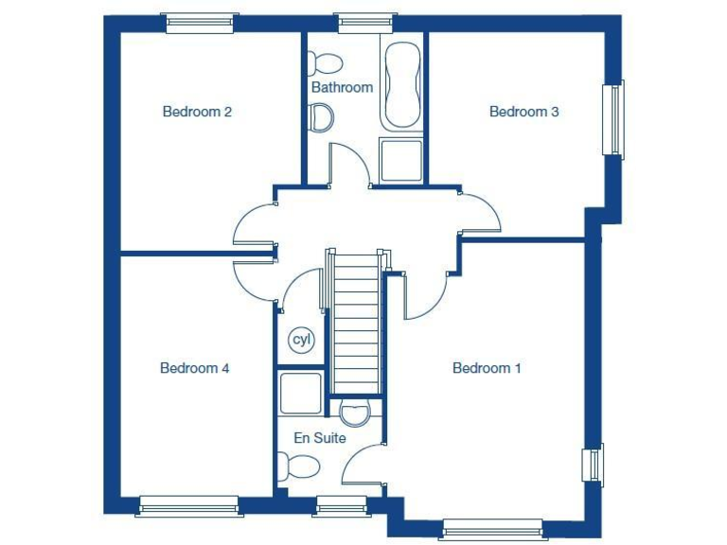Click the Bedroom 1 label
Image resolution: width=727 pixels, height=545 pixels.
[x=487, y=368]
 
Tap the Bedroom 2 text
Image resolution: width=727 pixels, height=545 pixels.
[x=197, y=112]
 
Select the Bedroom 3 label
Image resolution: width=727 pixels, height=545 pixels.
[x=523, y=112]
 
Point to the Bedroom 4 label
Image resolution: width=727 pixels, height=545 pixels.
[x=194, y=368]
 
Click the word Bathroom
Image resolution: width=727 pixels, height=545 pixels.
[x=342, y=87]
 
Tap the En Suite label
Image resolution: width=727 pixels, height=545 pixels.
[x=320, y=438]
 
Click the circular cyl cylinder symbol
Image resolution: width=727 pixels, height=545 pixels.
[x=301, y=340]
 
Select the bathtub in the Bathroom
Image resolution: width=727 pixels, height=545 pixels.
[x=401, y=85]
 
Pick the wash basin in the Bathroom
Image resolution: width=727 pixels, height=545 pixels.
[x=322, y=117]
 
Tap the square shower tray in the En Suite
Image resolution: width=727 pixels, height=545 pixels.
[x=301, y=394]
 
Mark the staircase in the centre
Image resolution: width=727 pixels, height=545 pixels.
[x=356, y=322]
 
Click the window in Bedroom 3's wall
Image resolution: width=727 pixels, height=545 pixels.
[x=614, y=118]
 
